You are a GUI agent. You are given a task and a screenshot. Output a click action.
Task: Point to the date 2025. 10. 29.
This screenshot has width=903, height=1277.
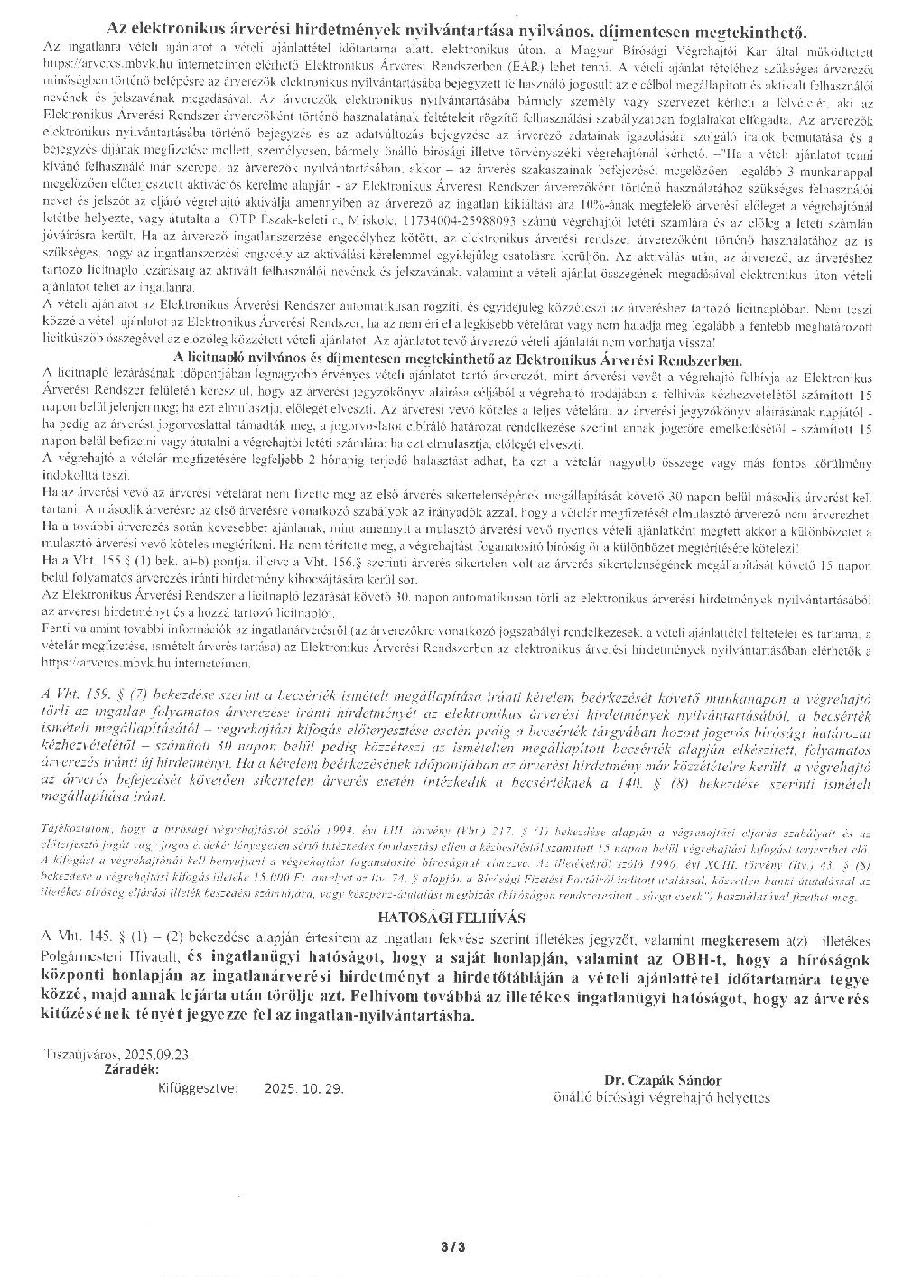tap(304, 1090)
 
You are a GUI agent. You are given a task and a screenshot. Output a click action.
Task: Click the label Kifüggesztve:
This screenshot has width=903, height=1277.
tap(198, 1089)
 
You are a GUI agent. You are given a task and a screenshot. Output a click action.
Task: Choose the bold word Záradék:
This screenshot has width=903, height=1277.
tap(135, 1067)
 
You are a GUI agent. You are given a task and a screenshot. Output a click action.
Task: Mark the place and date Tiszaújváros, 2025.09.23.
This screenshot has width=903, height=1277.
tap(116, 1053)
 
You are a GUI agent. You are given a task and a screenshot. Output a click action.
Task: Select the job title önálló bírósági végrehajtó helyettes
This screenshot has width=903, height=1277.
tap(661, 1096)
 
